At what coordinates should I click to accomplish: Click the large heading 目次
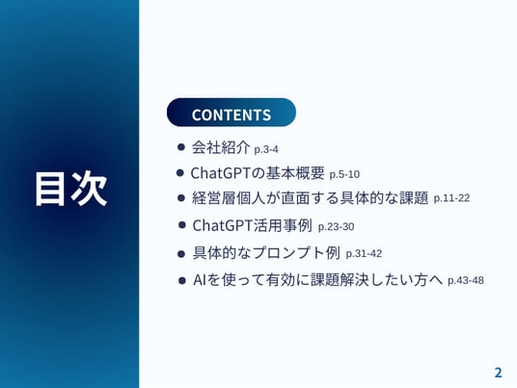(70, 189)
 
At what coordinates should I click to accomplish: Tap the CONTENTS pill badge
(231, 113)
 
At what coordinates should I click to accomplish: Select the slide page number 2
(498, 373)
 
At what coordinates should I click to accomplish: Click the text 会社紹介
(221, 147)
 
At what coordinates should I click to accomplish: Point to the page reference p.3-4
(266, 149)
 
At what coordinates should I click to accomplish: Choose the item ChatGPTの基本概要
(258, 173)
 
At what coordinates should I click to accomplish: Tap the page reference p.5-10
(344, 174)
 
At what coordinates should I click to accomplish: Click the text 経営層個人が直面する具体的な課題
(310, 197)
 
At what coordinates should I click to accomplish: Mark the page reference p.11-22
(451, 198)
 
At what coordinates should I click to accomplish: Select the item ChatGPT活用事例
(252, 225)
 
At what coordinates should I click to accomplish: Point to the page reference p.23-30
(336, 227)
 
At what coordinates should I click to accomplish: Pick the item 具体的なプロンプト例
(266, 253)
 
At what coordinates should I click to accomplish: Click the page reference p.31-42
(364, 254)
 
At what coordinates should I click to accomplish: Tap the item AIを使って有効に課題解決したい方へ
(317, 280)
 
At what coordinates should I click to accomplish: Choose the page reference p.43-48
(466, 280)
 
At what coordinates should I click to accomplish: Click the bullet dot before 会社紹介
(180, 146)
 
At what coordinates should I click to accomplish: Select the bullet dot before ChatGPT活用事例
(181, 225)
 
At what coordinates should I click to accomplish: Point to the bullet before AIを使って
(181, 281)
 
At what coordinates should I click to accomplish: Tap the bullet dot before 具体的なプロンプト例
(181, 254)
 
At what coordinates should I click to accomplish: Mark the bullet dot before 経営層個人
(181, 198)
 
